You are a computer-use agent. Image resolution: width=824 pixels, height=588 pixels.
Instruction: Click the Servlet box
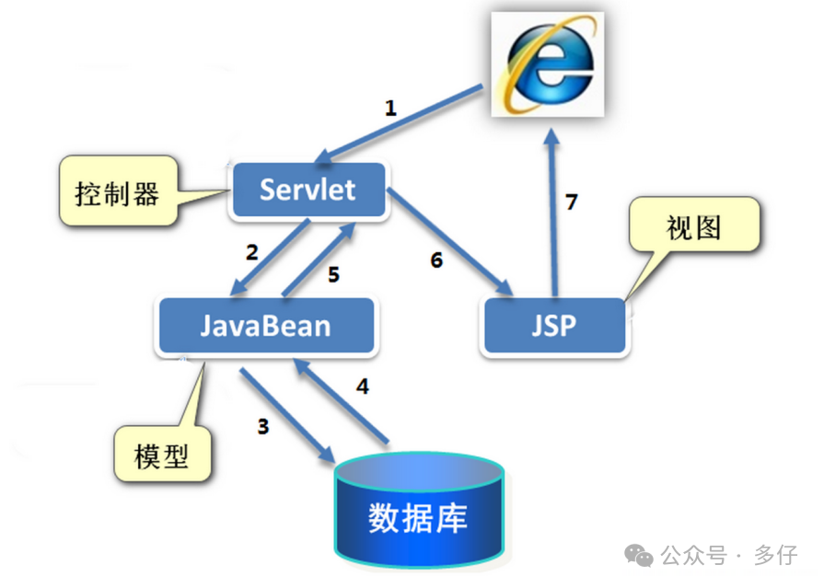[308, 190]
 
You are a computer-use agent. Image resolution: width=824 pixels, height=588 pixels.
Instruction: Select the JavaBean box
[266, 326]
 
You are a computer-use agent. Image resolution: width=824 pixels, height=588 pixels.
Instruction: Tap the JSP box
[553, 326]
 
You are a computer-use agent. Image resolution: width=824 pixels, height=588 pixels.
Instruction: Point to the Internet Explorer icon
[547, 63]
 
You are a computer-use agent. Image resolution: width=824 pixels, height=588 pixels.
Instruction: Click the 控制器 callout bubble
[117, 194]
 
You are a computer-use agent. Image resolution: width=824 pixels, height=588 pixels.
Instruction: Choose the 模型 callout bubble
[161, 455]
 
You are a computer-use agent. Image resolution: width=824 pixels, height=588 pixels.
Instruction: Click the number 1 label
[390, 108]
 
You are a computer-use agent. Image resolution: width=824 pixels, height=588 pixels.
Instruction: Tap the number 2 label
[250, 250]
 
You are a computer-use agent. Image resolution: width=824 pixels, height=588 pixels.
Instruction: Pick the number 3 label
[263, 426]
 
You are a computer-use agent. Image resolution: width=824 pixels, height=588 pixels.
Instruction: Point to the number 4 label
[363, 386]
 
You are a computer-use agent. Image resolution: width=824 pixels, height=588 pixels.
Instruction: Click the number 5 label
[333, 273]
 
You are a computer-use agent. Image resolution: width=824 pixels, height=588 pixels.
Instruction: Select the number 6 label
[436, 260]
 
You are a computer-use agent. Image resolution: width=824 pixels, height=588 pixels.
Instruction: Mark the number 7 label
[572, 202]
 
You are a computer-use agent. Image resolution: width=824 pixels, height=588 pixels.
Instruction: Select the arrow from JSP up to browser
[552, 212]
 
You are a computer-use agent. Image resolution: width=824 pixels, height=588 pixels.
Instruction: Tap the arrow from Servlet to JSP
[449, 241]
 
